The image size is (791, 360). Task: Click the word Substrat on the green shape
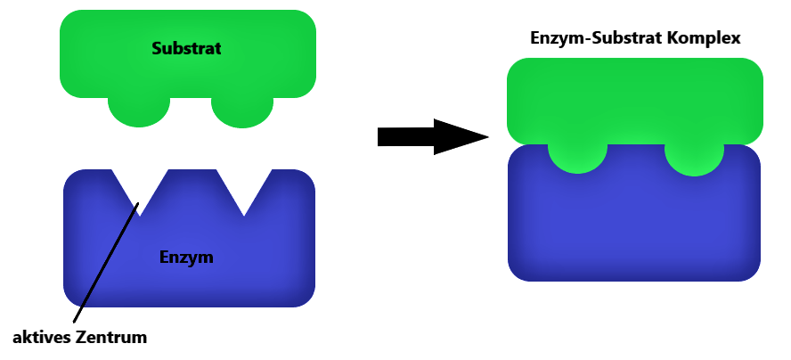pos(186,48)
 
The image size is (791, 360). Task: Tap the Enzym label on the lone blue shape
pos(186,258)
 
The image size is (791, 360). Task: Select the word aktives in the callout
pos(41,338)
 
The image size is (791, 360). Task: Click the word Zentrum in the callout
pos(111,338)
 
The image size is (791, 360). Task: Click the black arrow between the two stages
pos(433,137)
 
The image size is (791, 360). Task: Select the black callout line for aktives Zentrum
pos(106,263)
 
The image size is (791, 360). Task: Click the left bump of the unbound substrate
pos(139,111)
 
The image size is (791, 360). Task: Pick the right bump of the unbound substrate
pos(242,111)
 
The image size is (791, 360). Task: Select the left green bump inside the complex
pos(577,158)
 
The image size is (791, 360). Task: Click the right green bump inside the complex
pos(694,159)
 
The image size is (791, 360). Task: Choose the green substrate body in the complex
pos(634,101)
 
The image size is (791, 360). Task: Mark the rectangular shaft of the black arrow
pos(406,137)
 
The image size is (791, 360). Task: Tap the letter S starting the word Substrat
pos(157,48)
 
